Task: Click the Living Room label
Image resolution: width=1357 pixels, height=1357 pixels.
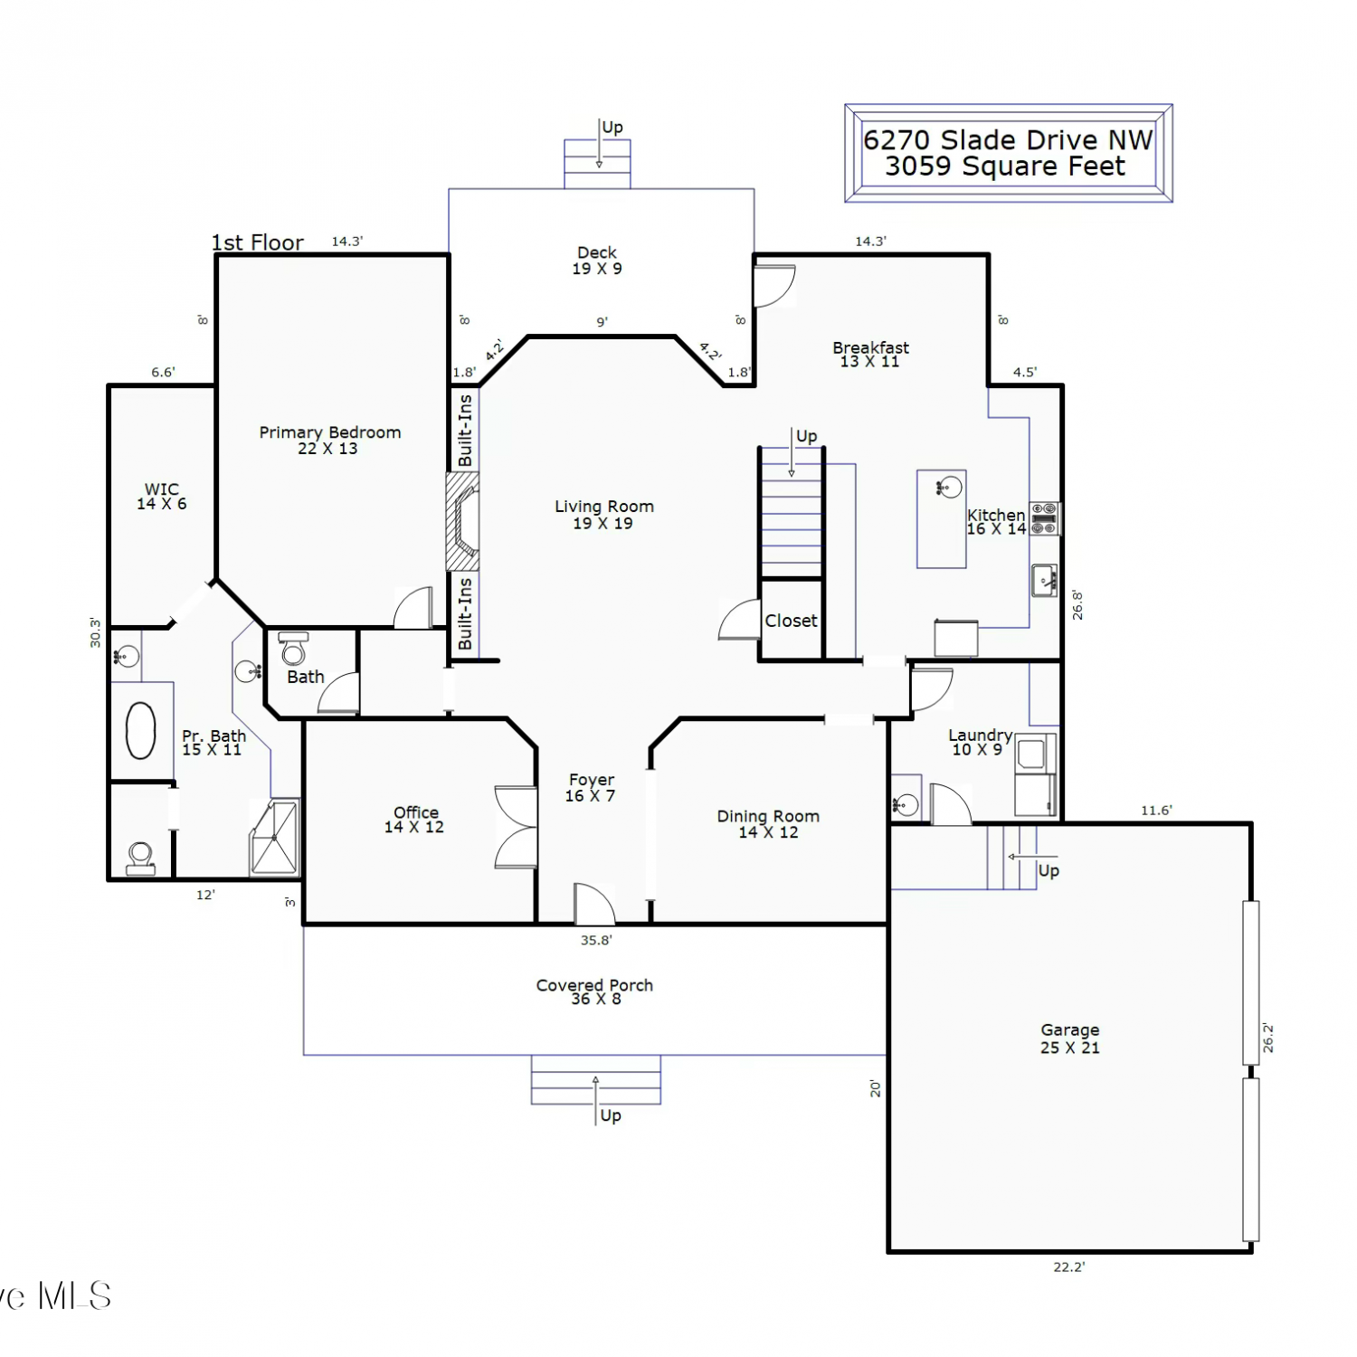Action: coord(603,515)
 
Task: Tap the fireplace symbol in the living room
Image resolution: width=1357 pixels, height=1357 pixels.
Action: coord(462,521)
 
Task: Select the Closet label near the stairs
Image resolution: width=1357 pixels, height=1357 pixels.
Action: coord(791,621)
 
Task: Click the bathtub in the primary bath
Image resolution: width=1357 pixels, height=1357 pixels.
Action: coord(140,730)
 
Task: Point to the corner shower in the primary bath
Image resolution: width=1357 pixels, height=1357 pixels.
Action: coord(275,838)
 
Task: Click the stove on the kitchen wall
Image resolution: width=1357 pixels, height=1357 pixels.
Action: coord(1044,518)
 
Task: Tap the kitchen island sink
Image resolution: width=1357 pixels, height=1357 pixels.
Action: coord(947,488)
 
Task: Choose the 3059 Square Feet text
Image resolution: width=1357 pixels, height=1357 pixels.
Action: coord(1005,166)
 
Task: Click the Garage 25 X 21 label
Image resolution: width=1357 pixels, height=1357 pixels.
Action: coord(1070,1039)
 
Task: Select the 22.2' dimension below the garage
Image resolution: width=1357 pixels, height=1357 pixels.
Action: coord(1069,1267)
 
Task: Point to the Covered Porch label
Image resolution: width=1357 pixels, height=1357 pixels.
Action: coord(594,992)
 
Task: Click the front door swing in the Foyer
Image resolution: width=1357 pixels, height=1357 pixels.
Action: coord(595,903)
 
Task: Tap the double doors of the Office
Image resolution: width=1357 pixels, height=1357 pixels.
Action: coord(516,827)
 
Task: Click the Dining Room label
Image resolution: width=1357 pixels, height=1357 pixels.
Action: coord(768,824)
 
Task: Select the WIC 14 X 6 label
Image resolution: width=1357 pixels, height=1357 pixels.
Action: coord(162,497)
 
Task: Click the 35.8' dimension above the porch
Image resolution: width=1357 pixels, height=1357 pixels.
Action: coord(596,940)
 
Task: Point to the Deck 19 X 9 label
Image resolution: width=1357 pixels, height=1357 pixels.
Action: coord(597,261)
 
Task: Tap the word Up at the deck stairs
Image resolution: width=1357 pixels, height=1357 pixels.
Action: coord(612,128)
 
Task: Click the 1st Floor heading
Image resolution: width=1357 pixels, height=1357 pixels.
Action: coord(258,242)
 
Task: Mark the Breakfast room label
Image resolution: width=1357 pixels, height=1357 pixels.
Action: coord(870,355)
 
